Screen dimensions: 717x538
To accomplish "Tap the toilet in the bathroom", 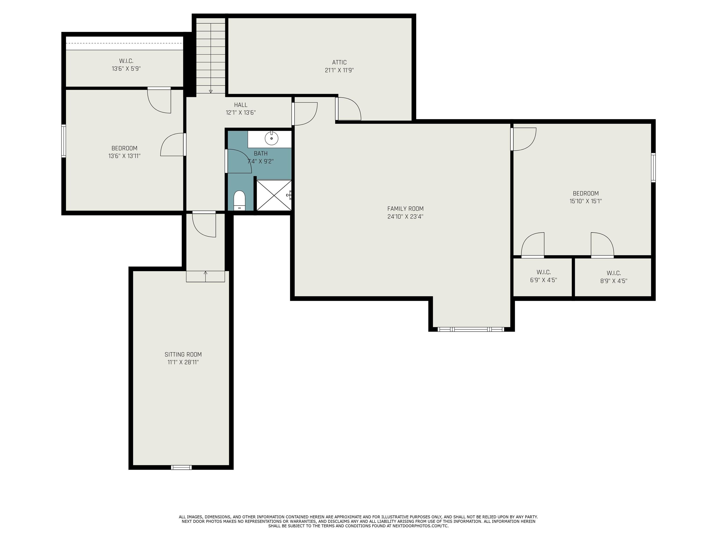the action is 239,200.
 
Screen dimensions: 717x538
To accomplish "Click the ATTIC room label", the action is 339,62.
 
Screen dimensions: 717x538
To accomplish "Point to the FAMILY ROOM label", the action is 405,209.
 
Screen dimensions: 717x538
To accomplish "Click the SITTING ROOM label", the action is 183,354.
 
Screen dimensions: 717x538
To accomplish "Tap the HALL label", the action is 241,105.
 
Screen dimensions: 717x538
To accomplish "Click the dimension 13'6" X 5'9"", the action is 126,69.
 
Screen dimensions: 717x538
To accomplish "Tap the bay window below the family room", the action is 471,329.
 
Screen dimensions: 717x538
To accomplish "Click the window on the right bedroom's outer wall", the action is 653,168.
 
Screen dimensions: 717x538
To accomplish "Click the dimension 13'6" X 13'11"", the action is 124,156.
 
